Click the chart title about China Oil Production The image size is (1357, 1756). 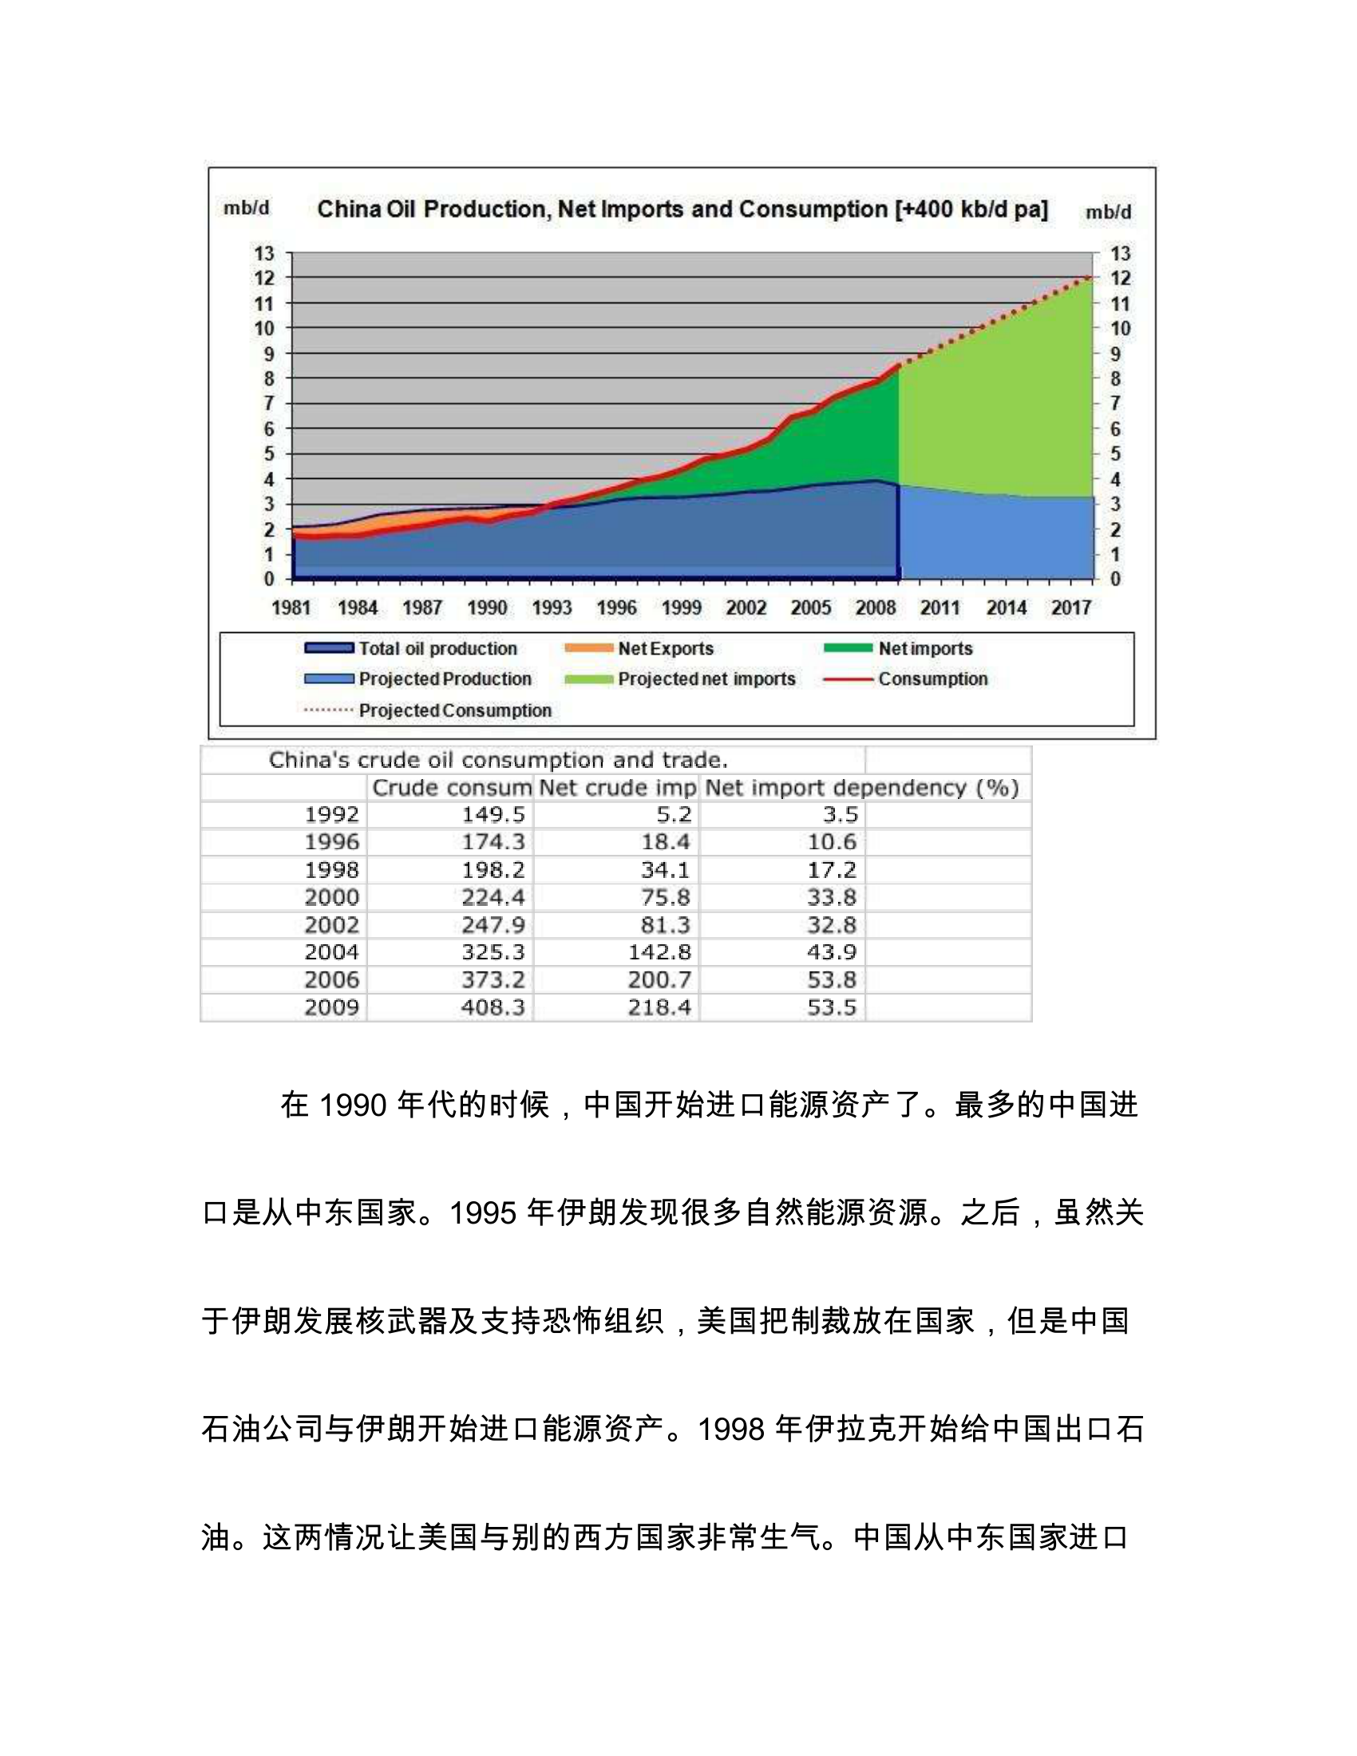tap(682, 209)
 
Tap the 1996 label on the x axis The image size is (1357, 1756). tap(615, 608)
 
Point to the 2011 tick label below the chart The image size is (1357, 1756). tap(940, 608)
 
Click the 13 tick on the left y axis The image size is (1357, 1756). tap(264, 253)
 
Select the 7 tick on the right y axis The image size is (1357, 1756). tap(1115, 403)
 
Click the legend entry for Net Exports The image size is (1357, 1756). tap(665, 648)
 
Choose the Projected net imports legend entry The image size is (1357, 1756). tap(706, 678)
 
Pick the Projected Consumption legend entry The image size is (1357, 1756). tap(455, 710)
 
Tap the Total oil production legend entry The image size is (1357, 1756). tap(437, 648)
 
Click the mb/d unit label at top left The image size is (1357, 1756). tap(246, 208)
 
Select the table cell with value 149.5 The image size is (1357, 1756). tap(493, 814)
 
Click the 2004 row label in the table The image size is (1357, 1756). tap(331, 952)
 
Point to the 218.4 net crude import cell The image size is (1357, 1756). tap(659, 1007)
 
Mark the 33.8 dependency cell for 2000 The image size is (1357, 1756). tap(831, 897)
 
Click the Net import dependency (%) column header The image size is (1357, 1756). tap(862, 787)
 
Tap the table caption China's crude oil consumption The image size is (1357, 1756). tap(497, 760)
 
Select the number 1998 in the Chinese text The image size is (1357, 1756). tap(730, 1429)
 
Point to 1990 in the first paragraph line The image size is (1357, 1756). tap(353, 1105)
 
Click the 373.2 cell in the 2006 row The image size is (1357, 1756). tap(493, 979)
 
